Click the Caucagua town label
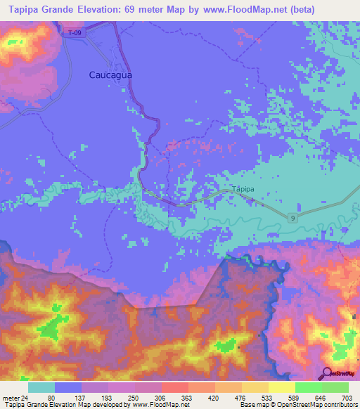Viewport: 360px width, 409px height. click(x=111, y=74)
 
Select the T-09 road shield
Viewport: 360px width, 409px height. click(x=74, y=32)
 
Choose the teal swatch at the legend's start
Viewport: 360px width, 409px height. click(x=41, y=387)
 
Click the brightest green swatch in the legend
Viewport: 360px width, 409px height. click(x=335, y=387)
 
